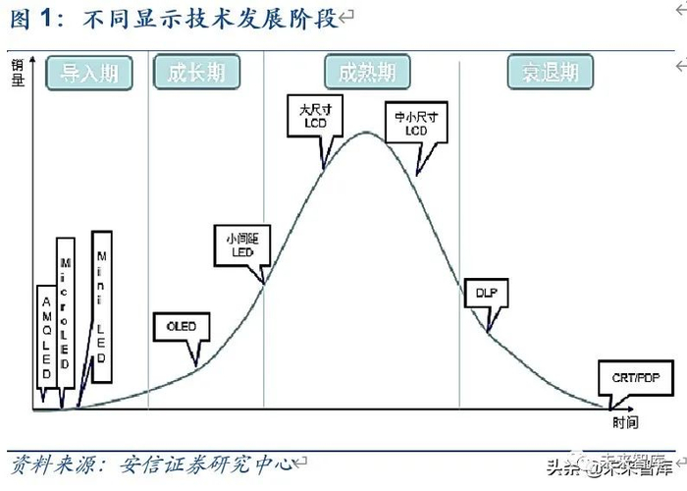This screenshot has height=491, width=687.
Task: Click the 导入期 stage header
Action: click(x=89, y=73)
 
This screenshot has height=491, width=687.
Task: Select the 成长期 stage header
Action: click(x=196, y=73)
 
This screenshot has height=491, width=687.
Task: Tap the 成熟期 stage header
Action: click(x=367, y=73)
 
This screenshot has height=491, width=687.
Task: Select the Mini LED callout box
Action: click(x=101, y=305)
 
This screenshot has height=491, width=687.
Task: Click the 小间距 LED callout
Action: click(x=240, y=245)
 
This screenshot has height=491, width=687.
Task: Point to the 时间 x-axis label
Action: click(x=625, y=422)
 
